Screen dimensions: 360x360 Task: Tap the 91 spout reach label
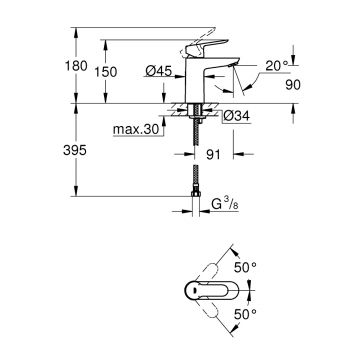pyautogui.click(x=213, y=155)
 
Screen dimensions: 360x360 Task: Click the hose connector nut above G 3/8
pyautogui.click(x=195, y=196)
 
